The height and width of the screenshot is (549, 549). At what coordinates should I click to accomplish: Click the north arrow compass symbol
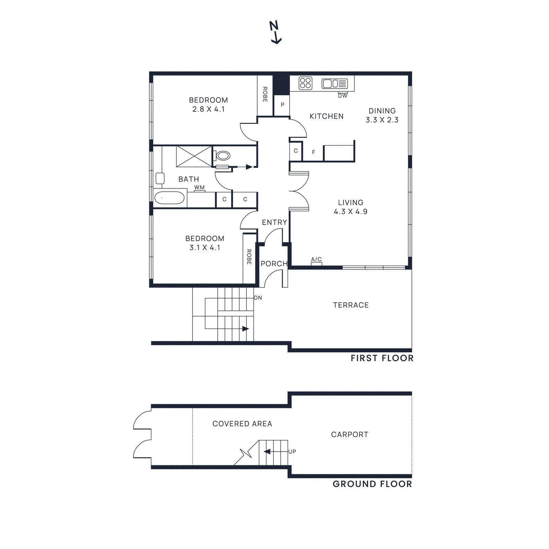pos(275,32)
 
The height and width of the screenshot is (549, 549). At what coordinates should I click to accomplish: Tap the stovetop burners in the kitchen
pos(305,83)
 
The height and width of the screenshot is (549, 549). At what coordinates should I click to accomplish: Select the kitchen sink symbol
pos(335,83)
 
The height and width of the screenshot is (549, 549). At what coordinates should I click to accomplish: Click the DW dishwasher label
pos(342,96)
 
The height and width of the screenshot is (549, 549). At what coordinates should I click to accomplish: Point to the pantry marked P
pos(282,105)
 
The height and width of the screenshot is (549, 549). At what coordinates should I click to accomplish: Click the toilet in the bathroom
pos(223,156)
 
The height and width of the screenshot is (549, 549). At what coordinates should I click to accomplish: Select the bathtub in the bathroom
pos(170,198)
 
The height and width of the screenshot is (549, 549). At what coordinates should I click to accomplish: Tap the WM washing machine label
pos(199,188)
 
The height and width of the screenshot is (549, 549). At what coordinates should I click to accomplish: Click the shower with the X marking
pos(194,156)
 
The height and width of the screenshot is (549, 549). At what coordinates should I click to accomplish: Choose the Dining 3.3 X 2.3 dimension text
pos(382,120)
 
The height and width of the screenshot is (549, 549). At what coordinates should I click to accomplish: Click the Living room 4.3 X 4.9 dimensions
pos(350,211)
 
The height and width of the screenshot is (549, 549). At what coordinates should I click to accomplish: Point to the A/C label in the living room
pos(316,259)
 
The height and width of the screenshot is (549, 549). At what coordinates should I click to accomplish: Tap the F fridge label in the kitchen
pos(313,152)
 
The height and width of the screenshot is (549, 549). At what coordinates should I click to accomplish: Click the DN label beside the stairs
pos(258,298)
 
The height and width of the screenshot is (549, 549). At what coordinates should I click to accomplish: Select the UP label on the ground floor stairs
pos(292,452)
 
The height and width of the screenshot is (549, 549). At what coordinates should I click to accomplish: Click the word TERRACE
pos(351,305)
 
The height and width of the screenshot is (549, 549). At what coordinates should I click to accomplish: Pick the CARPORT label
pos(350,434)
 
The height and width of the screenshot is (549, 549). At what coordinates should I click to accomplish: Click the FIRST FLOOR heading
pos(382,358)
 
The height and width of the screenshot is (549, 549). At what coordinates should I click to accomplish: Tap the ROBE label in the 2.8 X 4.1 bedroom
pos(265,94)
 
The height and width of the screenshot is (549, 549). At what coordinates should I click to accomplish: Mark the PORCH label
pos(274,264)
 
